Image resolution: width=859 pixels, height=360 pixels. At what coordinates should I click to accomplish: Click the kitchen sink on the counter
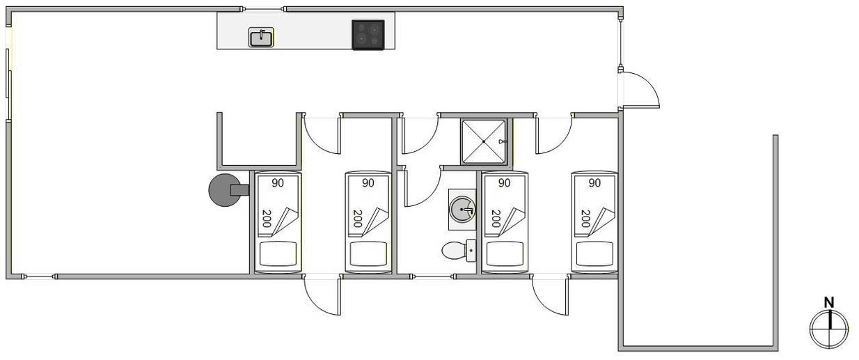[x=261, y=37]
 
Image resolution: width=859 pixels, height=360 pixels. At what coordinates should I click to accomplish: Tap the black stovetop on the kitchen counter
[x=368, y=35]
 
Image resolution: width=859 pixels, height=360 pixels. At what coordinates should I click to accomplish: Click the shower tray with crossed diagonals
[x=484, y=141]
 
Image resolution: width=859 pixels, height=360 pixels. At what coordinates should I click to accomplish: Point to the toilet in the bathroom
[x=459, y=251]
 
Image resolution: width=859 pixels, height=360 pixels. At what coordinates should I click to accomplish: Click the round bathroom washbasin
[x=462, y=210]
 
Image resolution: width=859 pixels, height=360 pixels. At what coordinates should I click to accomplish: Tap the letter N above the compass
[x=829, y=303]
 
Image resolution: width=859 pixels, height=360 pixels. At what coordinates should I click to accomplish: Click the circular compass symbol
[x=829, y=329]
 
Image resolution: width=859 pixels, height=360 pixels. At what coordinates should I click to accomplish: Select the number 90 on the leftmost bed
[x=278, y=183]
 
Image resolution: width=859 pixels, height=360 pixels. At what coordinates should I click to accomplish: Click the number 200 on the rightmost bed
[x=585, y=219]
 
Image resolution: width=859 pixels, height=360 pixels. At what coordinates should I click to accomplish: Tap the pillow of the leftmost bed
[x=278, y=253]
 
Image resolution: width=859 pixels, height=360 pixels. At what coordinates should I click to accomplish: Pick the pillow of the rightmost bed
[x=594, y=253]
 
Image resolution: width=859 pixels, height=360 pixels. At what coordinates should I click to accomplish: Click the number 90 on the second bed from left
[x=368, y=183]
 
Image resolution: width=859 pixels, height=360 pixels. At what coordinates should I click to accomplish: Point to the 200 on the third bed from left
[x=496, y=219]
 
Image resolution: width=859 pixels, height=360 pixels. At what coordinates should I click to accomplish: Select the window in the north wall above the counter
[x=262, y=9]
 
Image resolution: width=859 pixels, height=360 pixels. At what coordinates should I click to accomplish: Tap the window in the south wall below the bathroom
[x=433, y=276]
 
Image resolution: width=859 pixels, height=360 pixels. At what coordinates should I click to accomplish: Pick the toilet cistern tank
[x=471, y=251]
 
